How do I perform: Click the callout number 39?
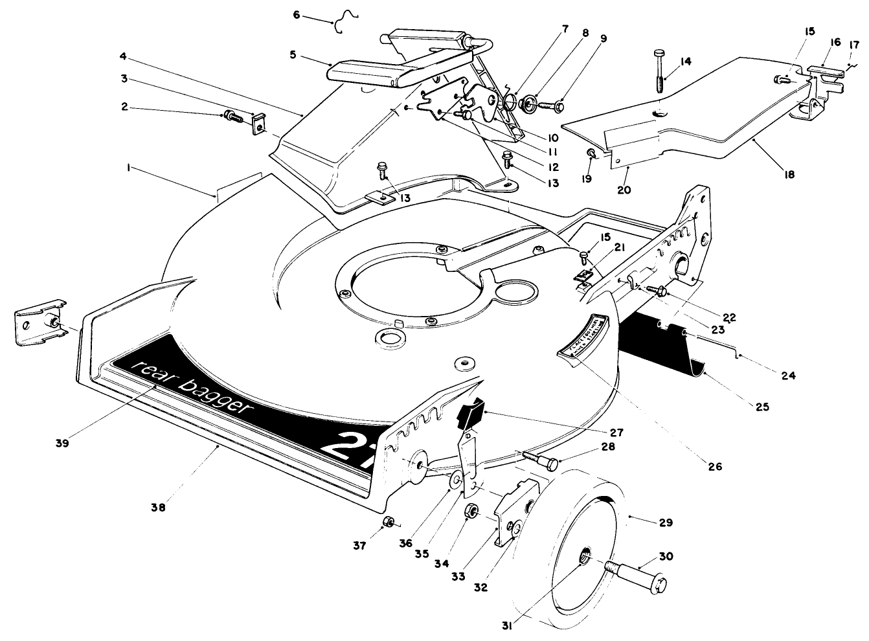pyautogui.click(x=62, y=444)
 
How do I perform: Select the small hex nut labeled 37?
pyautogui.click(x=388, y=522)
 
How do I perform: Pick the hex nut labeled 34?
pyautogui.click(x=472, y=512)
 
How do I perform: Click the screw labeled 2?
pyautogui.click(x=232, y=117)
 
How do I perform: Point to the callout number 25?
pyautogui.click(x=762, y=407)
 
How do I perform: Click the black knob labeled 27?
pyautogui.click(x=469, y=415)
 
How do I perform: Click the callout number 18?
pyautogui.click(x=789, y=174)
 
